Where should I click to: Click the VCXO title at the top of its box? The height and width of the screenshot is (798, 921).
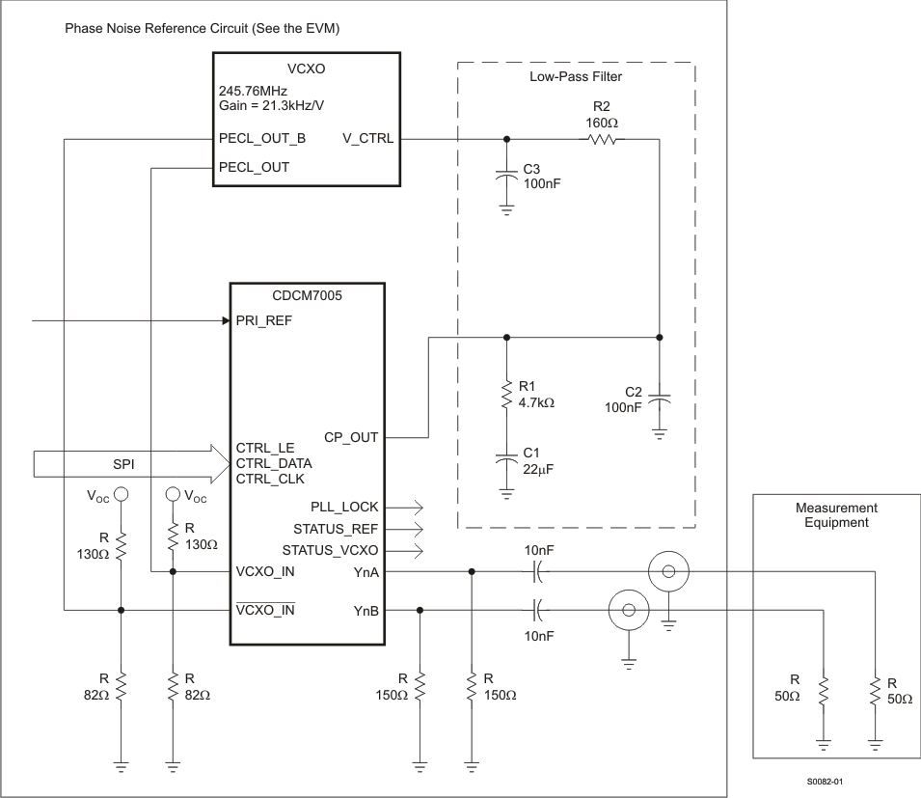pyautogui.click(x=308, y=69)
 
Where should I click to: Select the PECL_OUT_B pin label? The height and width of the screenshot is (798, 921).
pyautogui.click(x=262, y=138)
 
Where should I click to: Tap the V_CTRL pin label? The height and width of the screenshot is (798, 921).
pyautogui.click(x=368, y=138)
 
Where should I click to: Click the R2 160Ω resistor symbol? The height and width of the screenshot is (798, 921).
pyautogui.click(x=602, y=138)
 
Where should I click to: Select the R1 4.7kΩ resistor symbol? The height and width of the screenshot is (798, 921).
pyautogui.click(x=506, y=396)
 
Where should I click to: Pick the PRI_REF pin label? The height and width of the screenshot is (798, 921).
pyautogui.click(x=263, y=320)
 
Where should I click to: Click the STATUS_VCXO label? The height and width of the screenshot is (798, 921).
pyautogui.click(x=330, y=551)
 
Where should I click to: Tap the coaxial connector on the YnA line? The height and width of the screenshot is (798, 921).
pyautogui.click(x=667, y=572)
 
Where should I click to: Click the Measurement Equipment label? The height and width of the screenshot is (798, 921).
pyautogui.click(x=835, y=514)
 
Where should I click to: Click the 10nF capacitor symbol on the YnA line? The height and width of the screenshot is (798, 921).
pyautogui.click(x=538, y=572)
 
